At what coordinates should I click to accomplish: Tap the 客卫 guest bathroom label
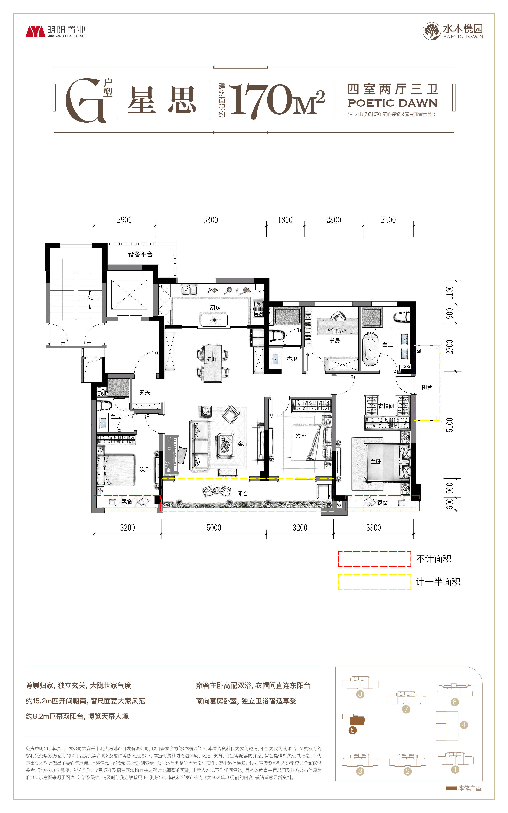tap(292, 359)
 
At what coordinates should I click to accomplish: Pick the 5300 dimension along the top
tap(211, 220)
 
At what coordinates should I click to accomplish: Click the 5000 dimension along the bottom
tap(214, 528)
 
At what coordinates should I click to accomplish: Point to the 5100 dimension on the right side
tap(449, 425)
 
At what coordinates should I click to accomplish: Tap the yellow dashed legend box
tap(375, 582)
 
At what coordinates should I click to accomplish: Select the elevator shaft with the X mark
tap(129, 294)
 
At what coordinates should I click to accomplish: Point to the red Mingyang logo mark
tap(35, 32)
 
